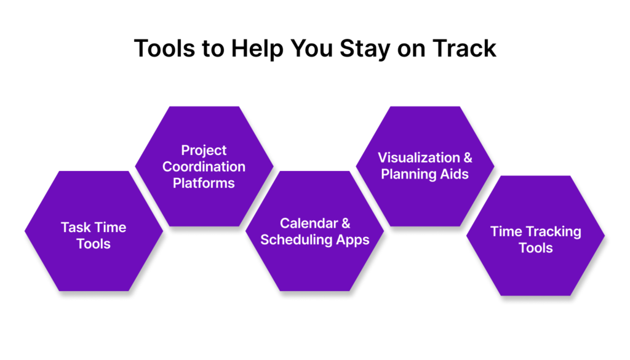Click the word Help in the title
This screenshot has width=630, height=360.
point(258,49)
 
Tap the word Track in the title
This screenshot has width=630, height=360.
point(465,49)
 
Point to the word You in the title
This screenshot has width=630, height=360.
point(311,49)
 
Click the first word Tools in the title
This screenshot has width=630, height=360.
point(165,49)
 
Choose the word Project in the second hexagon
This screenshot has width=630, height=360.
point(204,150)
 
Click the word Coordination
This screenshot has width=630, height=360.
point(204,166)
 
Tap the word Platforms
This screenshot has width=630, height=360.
point(204,183)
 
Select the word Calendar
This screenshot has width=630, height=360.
point(309,223)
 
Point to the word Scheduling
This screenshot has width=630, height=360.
point(297,240)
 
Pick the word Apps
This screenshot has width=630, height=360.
point(353,240)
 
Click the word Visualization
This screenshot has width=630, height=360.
point(419,158)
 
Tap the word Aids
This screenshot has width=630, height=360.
point(454,174)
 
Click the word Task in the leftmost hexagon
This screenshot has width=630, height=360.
point(76,228)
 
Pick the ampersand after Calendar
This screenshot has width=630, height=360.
point(346,223)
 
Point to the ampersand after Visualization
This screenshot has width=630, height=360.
point(468,158)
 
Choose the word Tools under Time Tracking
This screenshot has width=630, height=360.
point(536,248)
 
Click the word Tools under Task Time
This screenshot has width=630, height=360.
point(94,244)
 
